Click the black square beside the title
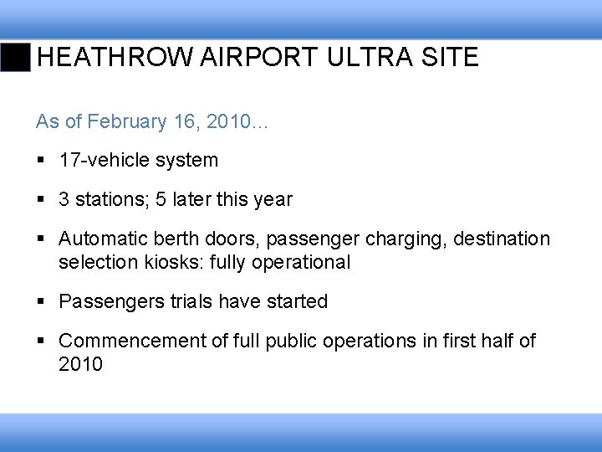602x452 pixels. click(x=15, y=57)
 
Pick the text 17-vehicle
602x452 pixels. click(x=98, y=160)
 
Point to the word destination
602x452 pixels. click(x=502, y=239)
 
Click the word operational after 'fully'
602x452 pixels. click(x=304, y=262)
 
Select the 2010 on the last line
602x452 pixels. click(x=80, y=364)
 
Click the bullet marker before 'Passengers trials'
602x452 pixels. click(x=42, y=301)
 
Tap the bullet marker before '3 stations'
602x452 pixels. click(x=42, y=199)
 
